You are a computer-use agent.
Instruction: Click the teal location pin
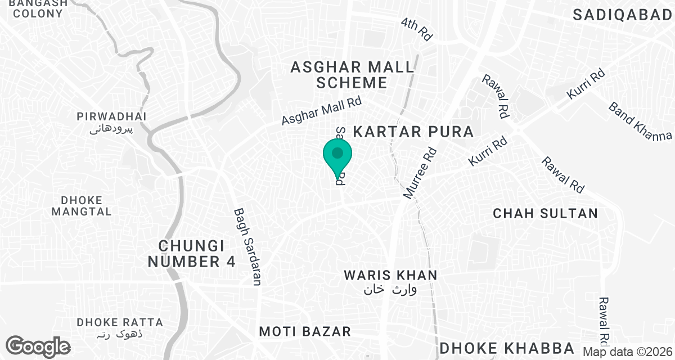[337, 157]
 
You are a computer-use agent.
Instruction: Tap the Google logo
[39, 345]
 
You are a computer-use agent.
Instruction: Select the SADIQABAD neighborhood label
[623, 15]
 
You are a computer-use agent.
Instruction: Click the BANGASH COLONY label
[38, 8]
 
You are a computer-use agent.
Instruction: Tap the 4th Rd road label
[417, 29]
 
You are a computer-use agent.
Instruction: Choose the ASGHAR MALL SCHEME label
[352, 75]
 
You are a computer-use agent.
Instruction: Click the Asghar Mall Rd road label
[321, 111]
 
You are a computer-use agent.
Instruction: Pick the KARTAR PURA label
[413, 132]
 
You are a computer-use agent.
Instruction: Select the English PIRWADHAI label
[111, 116]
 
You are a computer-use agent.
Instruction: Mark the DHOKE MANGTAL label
[82, 206]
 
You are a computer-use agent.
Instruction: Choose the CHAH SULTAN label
[545, 213]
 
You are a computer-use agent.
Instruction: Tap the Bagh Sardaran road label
[247, 246]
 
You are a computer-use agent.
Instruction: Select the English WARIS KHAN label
[390, 275]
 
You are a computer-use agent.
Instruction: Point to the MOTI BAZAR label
[305, 331]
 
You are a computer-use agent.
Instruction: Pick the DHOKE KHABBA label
[507, 348]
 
